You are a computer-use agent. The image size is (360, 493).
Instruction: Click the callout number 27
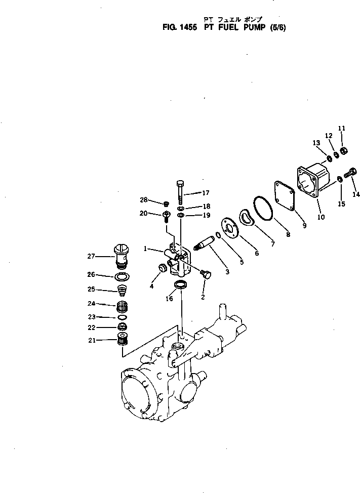91,256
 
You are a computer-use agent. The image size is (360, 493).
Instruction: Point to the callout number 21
92,340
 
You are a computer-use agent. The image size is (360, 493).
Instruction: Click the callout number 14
356,194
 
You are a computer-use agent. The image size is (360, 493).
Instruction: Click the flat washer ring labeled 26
121,276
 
